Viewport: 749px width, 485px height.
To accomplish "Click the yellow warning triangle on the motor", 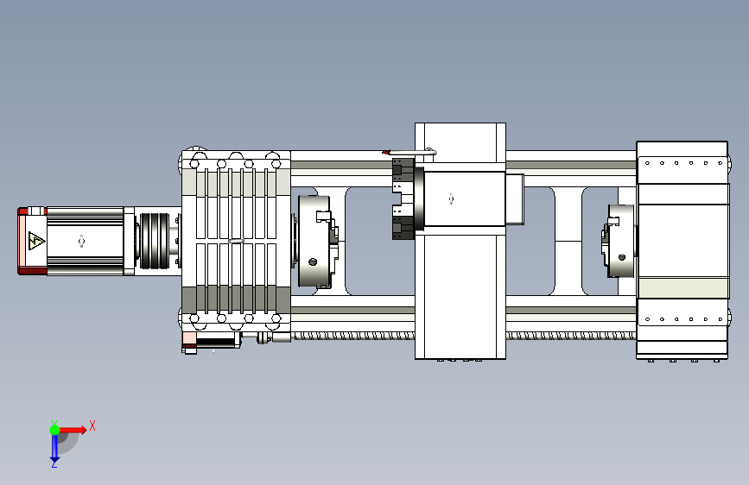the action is tap(36, 241).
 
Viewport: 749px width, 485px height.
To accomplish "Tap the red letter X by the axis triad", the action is tap(92, 425).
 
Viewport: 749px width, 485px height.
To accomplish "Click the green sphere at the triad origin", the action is tap(55, 430).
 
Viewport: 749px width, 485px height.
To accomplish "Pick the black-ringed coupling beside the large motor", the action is tap(155, 241).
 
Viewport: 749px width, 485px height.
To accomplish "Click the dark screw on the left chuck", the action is tap(313, 261).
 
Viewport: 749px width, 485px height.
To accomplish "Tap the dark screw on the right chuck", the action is tap(621, 257).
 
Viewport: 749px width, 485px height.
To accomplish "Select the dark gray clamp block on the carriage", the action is tap(403, 198).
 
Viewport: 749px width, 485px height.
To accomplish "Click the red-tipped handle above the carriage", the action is tap(409, 152).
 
